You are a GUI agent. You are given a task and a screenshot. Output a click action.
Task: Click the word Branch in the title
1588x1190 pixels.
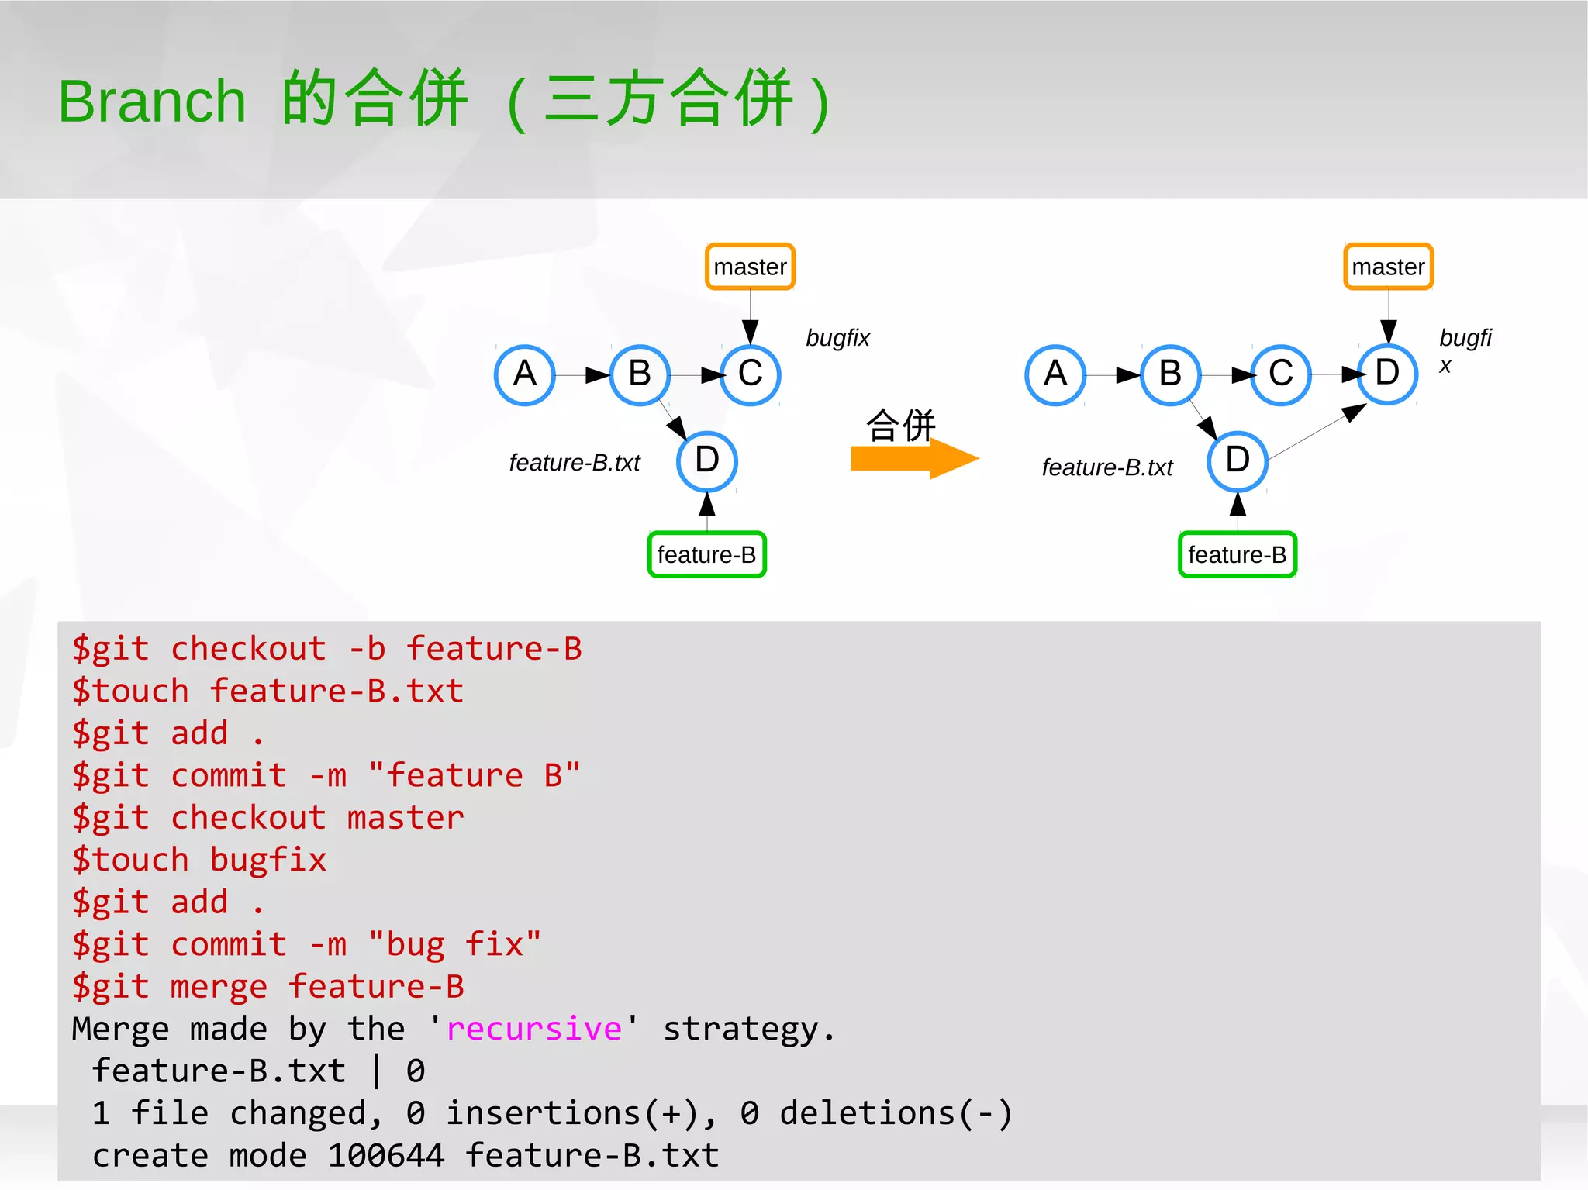click(x=152, y=102)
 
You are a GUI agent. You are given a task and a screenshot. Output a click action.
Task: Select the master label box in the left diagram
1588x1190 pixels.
click(x=750, y=267)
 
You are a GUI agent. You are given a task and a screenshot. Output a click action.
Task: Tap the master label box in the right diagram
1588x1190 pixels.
click(x=1388, y=267)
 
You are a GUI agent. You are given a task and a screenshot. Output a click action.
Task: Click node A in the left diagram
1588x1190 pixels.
click(x=525, y=374)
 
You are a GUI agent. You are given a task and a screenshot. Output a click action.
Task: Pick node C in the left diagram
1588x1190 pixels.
click(x=750, y=374)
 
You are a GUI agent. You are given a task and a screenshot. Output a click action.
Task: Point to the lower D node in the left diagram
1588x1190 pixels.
click(x=706, y=460)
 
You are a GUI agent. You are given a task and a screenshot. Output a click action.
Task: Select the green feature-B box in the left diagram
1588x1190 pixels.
click(x=706, y=554)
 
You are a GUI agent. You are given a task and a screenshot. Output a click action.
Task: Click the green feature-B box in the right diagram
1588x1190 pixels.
click(x=1237, y=554)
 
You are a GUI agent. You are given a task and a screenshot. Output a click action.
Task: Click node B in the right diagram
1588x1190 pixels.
click(x=1170, y=374)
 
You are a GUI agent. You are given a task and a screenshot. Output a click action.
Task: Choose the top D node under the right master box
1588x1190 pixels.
click(x=1387, y=373)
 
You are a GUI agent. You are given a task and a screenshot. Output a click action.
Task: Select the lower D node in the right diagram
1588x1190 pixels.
click(x=1238, y=460)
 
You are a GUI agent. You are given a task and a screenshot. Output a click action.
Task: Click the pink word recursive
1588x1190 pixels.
click(x=534, y=1029)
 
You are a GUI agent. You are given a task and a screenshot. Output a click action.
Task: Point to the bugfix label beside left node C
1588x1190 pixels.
click(x=837, y=338)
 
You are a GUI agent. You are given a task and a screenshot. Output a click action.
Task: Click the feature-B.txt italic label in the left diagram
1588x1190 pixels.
click(x=575, y=463)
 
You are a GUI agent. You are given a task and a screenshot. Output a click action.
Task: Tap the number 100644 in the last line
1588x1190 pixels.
click(x=385, y=1155)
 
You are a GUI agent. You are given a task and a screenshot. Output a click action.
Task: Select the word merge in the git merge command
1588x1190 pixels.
click(x=219, y=987)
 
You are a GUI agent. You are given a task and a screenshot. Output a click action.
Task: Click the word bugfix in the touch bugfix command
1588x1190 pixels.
click(x=268, y=861)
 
